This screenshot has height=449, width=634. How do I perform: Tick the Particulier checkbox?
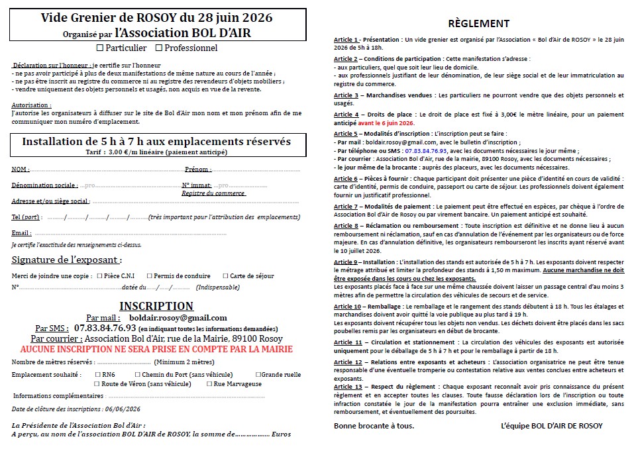(100, 48)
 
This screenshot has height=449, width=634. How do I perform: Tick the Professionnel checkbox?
(158, 48)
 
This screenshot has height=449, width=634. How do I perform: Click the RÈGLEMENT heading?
(479, 23)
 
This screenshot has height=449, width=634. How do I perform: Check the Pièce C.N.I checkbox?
(99, 276)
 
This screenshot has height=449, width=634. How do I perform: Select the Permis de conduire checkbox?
(150, 276)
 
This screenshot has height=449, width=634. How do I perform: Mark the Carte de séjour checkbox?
(226, 276)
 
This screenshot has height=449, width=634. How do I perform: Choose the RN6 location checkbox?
(97, 375)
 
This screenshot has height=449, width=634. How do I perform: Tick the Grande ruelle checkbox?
(258, 375)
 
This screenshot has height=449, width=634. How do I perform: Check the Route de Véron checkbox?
(97, 383)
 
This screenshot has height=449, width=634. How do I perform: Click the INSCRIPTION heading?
(156, 306)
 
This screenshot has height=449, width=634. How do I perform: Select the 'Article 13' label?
(348, 386)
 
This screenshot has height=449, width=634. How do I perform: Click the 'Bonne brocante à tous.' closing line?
(374, 425)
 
